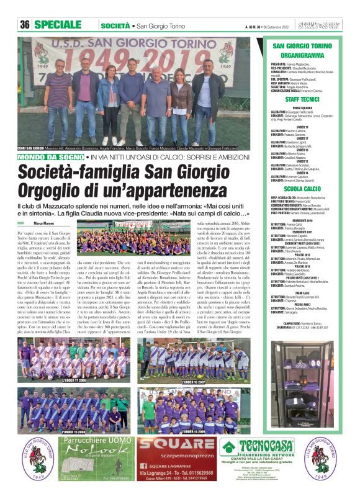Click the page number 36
coord(25,25)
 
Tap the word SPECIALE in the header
coord(61,25)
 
